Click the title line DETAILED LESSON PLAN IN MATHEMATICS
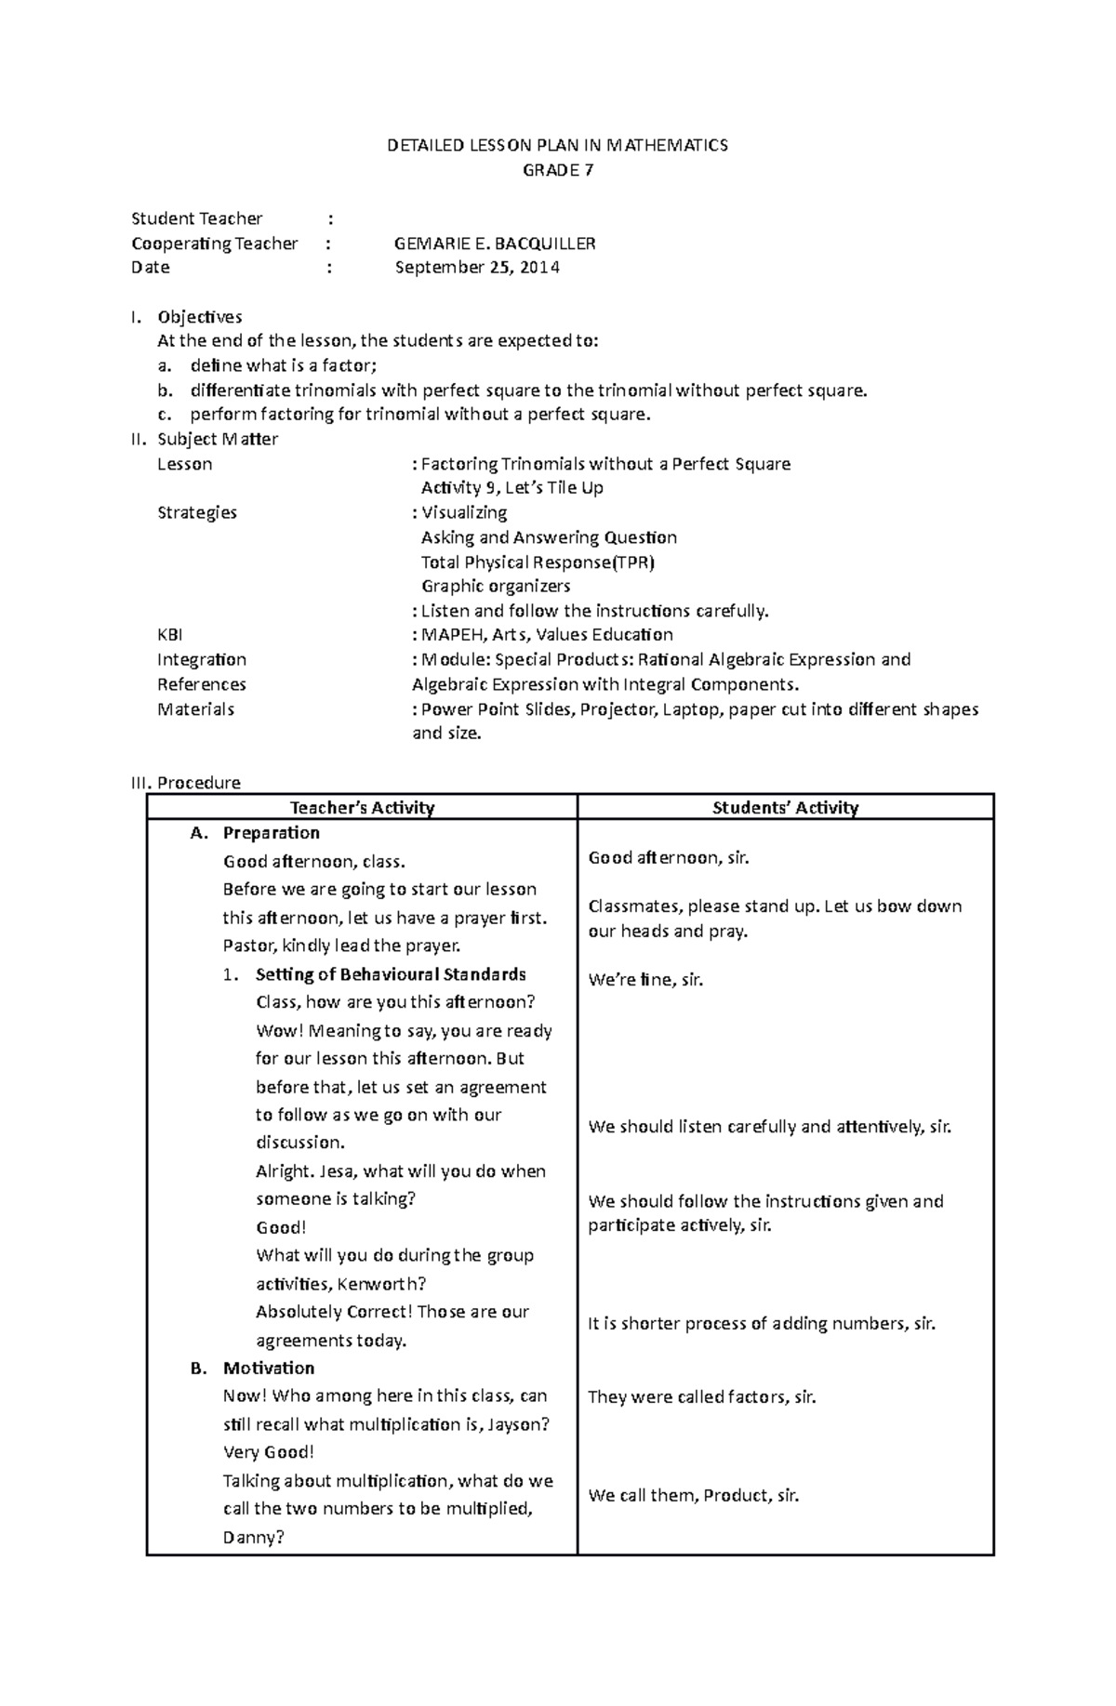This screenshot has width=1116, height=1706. click(x=557, y=145)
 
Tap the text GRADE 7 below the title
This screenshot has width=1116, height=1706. click(x=557, y=170)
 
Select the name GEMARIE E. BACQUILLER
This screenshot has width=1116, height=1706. click(x=495, y=244)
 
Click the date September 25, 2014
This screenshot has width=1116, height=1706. click(x=477, y=268)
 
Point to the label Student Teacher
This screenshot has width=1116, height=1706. click(x=197, y=218)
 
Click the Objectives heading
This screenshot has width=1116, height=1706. click(x=200, y=317)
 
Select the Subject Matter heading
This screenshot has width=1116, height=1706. click(x=218, y=439)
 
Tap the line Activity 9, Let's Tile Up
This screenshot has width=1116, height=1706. click(x=511, y=488)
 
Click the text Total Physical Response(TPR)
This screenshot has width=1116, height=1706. click(x=538, y=562)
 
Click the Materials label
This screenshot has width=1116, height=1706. click(x=195, y=709)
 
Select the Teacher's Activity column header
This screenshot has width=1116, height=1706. click(x=362, y=808)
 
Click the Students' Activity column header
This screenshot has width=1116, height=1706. click(x=785, y=808)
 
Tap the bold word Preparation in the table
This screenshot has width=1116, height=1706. click(x=271, y=833)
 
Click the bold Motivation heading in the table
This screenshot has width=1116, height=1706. click(x=268, y=1368)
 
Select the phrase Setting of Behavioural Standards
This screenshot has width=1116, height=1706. click(x=391, y=974)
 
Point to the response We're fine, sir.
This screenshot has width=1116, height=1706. click(x=645, y=980)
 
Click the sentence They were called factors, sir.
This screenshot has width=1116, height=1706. click(x=701, y=1396)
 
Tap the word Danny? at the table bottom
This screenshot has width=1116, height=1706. click(x=253, y=1537)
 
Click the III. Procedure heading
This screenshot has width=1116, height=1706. click(x=186, y=783)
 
